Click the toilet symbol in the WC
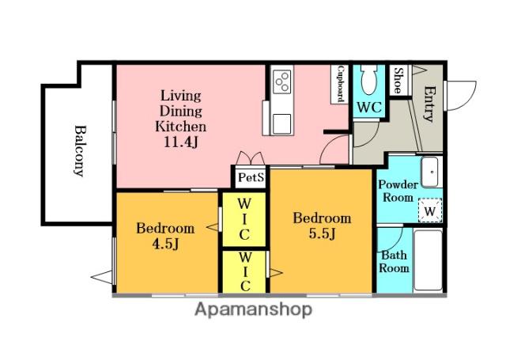[x=368, y=80]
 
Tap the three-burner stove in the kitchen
[x=281, y=82]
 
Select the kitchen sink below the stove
[x=281, y=124]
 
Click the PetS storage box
[x=251, y=177]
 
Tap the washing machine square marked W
[x=430, y=210]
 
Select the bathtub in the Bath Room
[x=428, y=260]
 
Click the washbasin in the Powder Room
[x=430, y=172]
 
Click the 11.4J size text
[x=180, y=142]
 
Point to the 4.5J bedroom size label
[x=165, y=244]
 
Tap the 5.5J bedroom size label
[x=322, y=233]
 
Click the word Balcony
[x=79, y=151]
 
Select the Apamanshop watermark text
[x=253, y=309]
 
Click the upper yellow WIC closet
[x=244, y=219]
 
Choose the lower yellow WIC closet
[x=244, y=272]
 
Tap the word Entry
[x=429, y=104]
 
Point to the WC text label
[x=369, y=108]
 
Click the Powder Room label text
[x=398, y=191]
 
